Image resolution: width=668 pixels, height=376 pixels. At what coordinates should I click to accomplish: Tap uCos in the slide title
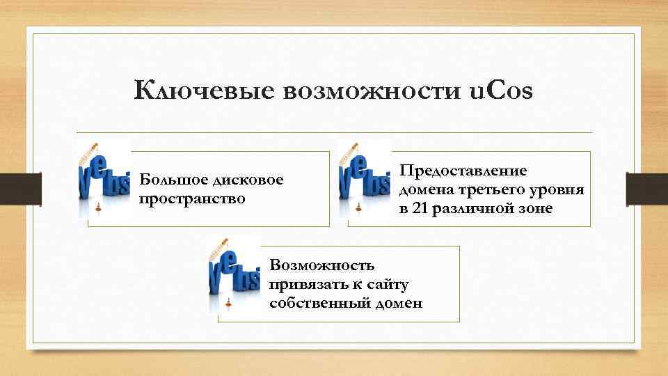click(498, 91)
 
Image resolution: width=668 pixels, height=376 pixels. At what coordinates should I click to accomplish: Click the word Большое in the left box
click(173, 180)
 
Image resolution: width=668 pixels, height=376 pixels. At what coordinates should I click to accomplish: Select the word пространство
click(193, 198)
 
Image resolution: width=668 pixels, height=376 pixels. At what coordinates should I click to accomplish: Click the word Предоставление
click(463, 171)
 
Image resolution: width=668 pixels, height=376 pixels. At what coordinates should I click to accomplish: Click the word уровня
click(559, 190)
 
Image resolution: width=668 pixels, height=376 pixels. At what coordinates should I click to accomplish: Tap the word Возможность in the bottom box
click(322, 265)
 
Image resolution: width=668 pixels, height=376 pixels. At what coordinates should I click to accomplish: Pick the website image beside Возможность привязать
click(234, 274)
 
